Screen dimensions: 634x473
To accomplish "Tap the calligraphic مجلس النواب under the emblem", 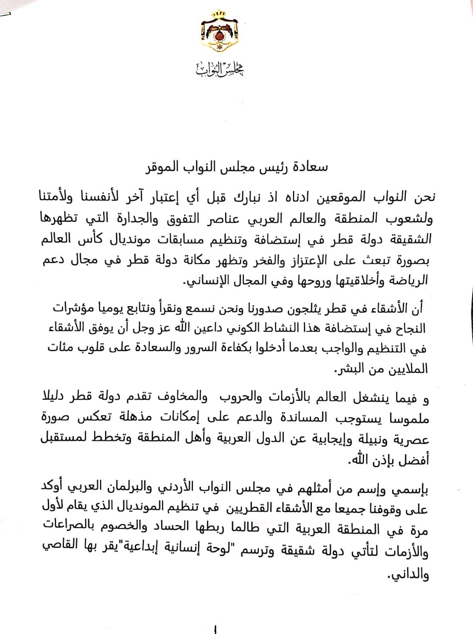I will [x=220, y=70].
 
